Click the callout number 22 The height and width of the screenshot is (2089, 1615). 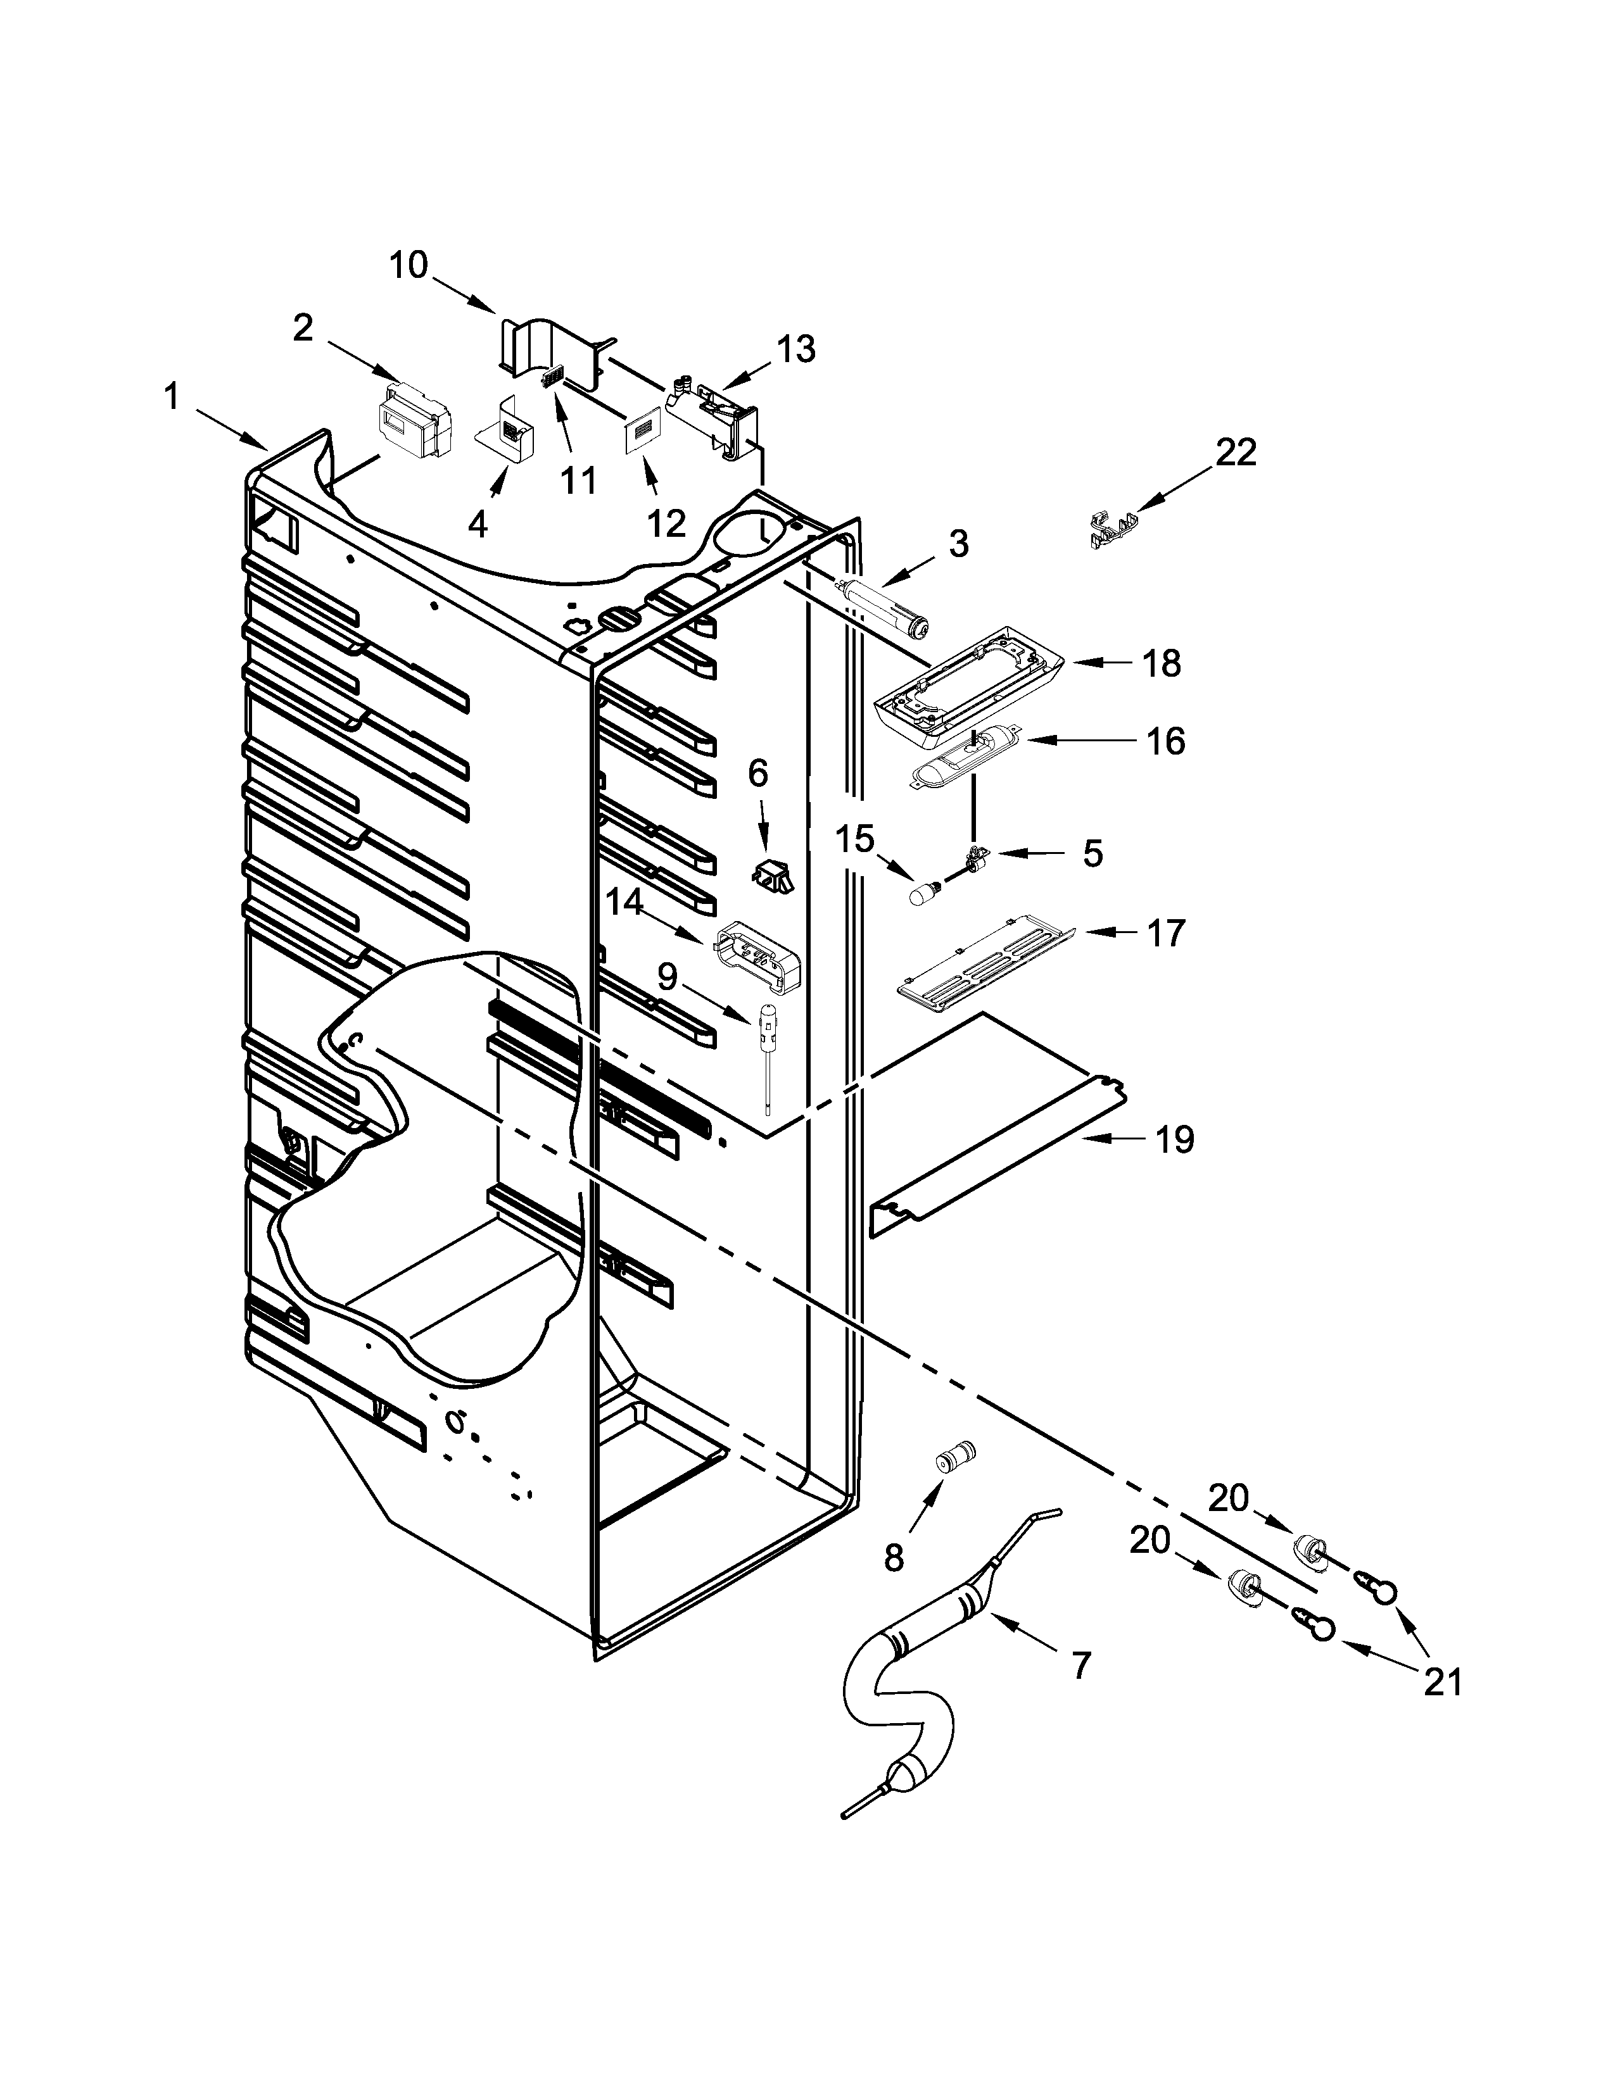coord(1235,453)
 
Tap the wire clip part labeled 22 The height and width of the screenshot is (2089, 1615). coord(1113,529)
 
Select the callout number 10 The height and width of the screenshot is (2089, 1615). coord(408,265)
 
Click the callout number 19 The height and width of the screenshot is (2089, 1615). coord(1175,1139)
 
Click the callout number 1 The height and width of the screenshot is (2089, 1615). coord(171,396)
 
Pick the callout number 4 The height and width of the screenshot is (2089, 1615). coord(478,524)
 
